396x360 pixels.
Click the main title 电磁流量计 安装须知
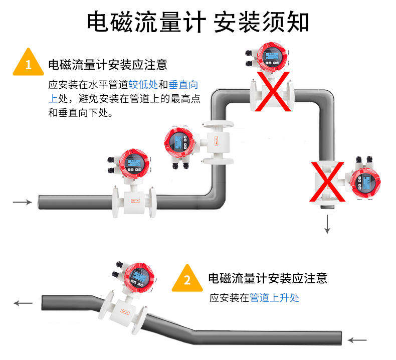(198, 22)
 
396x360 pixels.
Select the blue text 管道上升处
(274, 297)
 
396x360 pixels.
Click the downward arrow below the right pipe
(327, 224)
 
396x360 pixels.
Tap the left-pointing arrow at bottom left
(23, 303)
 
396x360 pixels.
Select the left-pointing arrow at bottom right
(357, 340)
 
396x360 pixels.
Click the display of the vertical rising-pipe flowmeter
(178, 142)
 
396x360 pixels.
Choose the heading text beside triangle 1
(108, 64)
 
